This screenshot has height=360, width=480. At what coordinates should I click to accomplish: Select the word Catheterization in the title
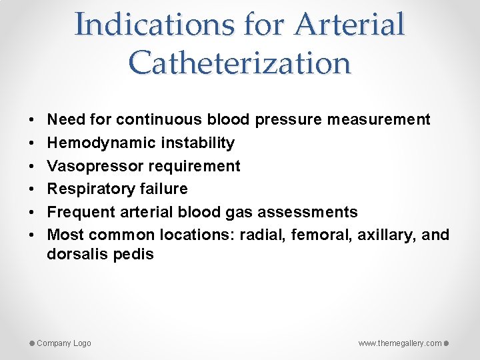click(240, 63)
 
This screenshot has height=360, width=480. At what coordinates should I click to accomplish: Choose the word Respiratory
click(91, 189)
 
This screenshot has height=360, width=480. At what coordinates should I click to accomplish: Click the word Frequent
click(81, 212)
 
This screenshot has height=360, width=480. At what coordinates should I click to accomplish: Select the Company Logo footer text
click(64, 343)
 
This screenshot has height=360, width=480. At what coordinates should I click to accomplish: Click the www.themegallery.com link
click(400, 343)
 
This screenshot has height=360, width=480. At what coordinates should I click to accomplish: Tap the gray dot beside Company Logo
click(31, 343)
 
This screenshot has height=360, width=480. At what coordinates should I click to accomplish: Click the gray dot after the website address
click(447, 343)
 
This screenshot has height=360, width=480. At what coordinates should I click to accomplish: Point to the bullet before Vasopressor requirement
click(33, 166)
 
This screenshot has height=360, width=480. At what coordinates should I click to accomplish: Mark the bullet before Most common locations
click(33, 235)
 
